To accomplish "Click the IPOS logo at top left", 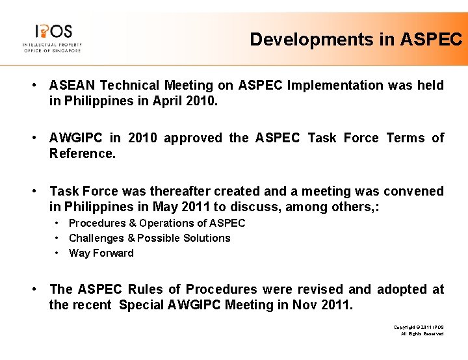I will pos(52,38).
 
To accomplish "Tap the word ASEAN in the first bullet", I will pos(72,85).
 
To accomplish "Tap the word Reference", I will pos(81,154).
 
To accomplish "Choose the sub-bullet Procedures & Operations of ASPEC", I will pos(157,223).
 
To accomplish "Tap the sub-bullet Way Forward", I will pos(101,253).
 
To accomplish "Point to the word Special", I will pos(142,305).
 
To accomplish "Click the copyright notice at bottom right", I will pos(419,329).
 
